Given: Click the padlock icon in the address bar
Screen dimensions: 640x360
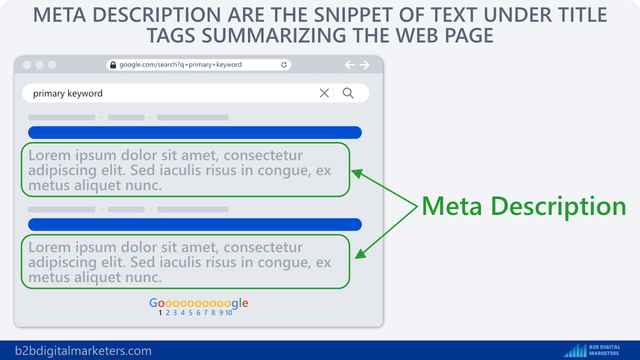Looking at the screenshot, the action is pos(113,65).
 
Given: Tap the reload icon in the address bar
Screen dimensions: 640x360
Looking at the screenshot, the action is pos(283,65).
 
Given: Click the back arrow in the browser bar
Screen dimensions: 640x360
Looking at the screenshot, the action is pos(349,65).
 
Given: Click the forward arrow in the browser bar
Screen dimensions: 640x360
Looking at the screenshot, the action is pos(364,65).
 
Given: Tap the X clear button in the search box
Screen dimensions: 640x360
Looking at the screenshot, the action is pos(324,93).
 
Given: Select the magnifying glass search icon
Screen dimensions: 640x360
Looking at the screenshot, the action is pos(348,93).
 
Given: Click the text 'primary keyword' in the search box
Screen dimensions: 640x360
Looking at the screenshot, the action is pos(67,93).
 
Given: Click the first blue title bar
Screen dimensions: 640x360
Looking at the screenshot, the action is pos(195,132).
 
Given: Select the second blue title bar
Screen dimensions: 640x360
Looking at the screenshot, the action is pos(195,224).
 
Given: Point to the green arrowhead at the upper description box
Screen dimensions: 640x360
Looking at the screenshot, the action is pos(357,173).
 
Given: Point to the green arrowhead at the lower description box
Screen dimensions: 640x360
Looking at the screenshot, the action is pos(360,254).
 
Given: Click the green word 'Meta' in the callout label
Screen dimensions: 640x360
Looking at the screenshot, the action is pos(452,206).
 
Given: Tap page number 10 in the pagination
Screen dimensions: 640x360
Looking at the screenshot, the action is pos(228,313).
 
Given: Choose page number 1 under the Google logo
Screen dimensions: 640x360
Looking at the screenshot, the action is pos(160,313).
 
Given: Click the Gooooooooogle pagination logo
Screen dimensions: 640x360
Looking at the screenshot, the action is pos(198,303).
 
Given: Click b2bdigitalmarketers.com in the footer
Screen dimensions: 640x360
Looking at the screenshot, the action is pos(83,350).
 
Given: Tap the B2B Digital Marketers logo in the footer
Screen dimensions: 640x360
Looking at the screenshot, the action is pos(591,350).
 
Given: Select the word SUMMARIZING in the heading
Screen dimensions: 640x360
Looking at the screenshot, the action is pos(274,35).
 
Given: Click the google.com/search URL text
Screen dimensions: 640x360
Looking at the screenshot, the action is pos(180,64).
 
